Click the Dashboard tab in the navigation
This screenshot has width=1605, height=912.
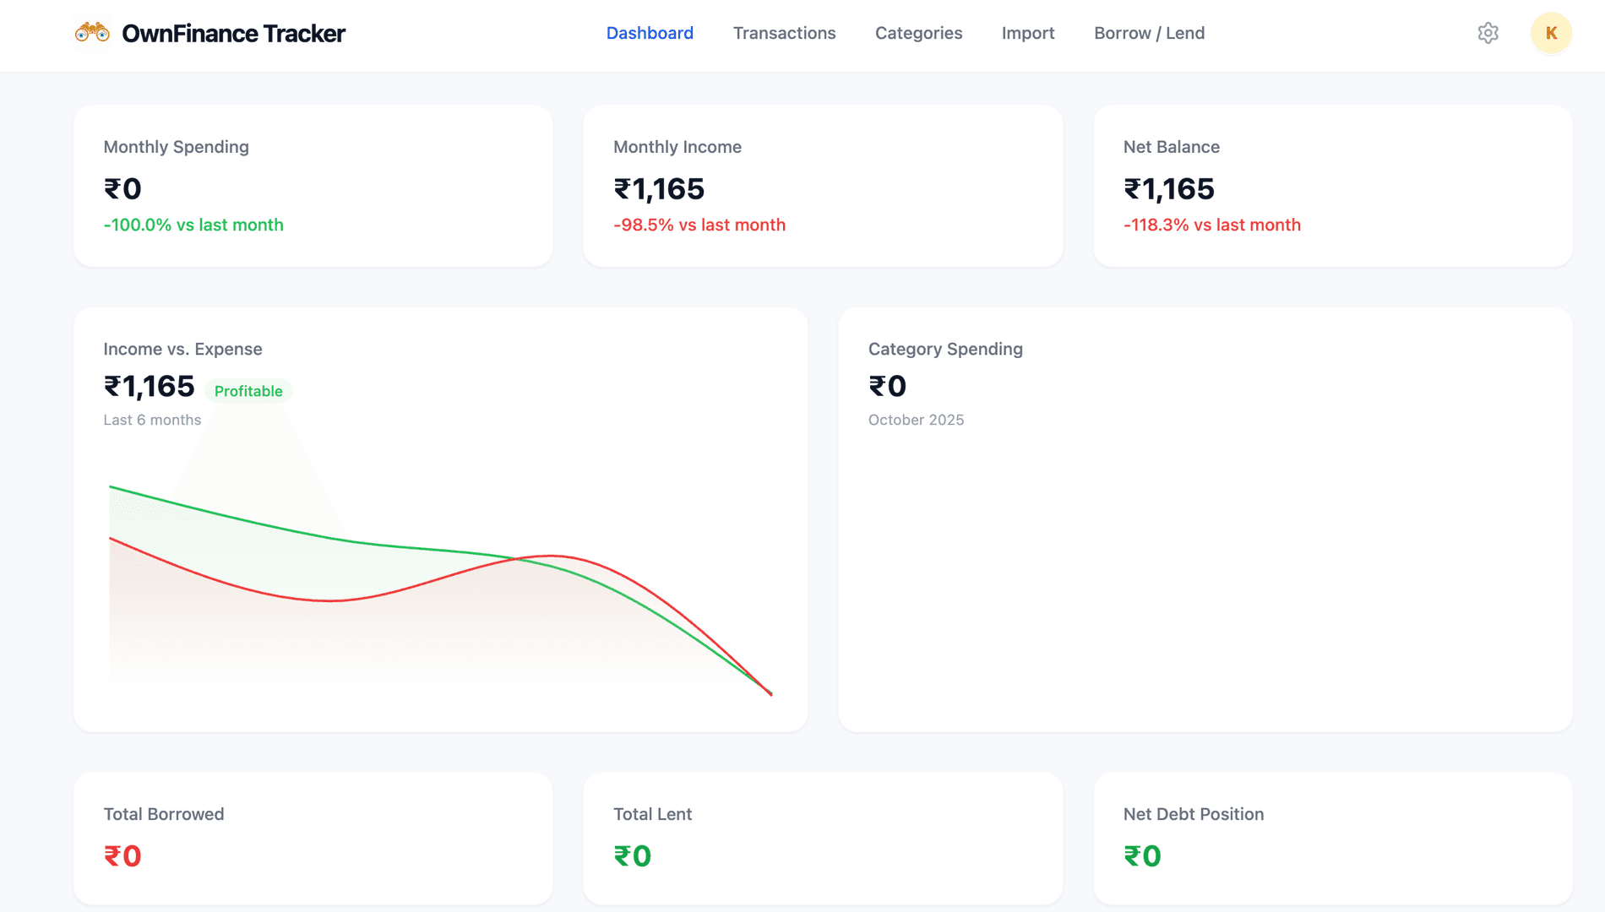[650, 33]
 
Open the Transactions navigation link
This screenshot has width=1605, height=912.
[784, 33]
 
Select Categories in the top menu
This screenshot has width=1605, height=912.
[918, 33]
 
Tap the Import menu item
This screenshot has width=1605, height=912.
[1027, 33]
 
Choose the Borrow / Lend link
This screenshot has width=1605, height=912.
[1149, 33]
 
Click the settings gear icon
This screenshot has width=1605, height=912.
[1488, 33]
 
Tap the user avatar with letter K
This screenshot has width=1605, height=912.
[1551, 33]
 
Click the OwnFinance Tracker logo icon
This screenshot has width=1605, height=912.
[92, 33]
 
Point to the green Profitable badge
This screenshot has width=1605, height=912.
[248, 391]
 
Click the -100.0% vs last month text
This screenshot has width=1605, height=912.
[193, 225]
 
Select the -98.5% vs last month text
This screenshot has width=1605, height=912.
[699, 225]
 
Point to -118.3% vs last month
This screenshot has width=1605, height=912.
[1211, 225]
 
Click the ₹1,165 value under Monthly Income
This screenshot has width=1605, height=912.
[659, 189]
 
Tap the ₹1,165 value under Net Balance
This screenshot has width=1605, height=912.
[1168, 189]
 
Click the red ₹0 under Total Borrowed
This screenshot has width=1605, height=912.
[122, 856]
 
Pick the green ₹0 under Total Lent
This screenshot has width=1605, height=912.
[632, 856]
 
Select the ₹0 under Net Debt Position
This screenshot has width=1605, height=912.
[1142, 856]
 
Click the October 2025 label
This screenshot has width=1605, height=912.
[916, 420]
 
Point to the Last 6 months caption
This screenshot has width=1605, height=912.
[152, 420]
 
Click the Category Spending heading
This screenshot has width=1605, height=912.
[945, 349]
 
